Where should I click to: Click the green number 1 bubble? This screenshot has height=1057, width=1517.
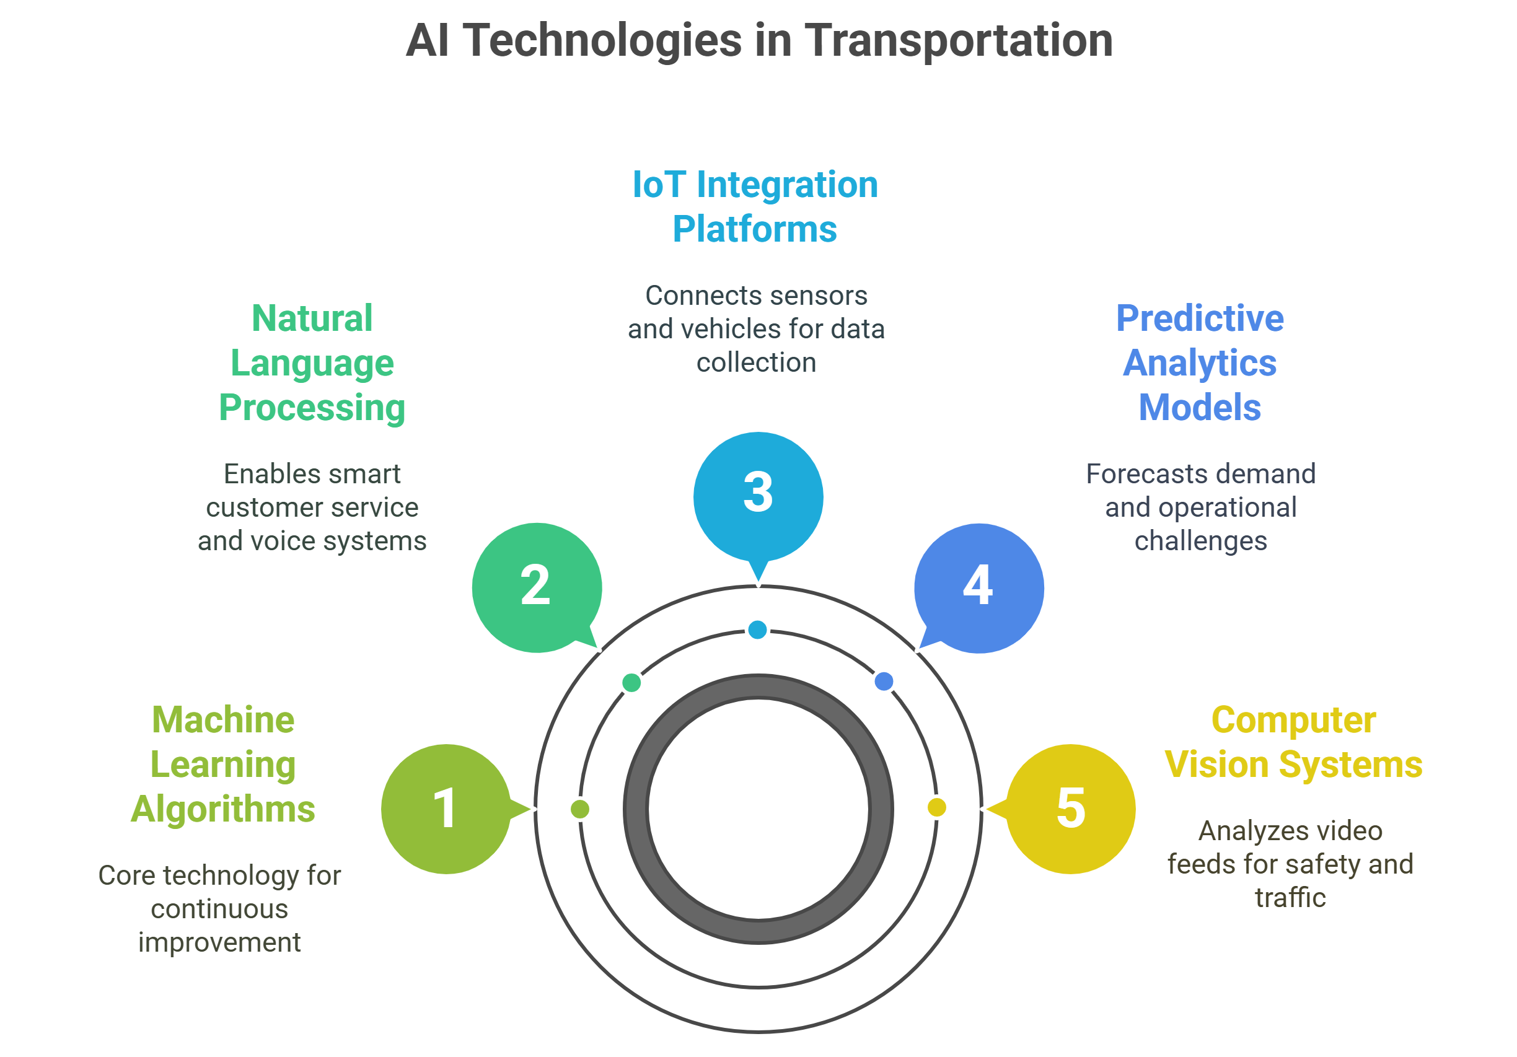[446, 809]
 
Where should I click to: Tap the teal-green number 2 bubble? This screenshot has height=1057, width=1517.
[537, 587]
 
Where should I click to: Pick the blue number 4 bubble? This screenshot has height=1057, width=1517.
[978, 587]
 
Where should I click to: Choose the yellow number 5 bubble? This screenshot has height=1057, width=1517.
[1070, 809]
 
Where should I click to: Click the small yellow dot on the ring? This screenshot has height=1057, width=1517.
[936, 807]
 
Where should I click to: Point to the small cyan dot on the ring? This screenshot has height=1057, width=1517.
[757, 629]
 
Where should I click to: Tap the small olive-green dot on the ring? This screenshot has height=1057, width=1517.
[579, 809]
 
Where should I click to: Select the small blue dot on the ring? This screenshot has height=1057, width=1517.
[884, 681]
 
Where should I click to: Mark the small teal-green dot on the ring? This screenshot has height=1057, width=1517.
[631, 682]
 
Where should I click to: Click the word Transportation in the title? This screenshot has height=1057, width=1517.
[958, 41]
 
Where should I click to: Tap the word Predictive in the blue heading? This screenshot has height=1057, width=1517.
[1200, 318]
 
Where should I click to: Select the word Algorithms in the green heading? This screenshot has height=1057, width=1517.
[223, 810]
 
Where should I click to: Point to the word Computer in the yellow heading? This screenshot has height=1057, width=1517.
[1293, 720]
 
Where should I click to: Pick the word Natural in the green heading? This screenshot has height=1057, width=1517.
[312, 318]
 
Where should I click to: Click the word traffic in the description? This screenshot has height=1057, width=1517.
[1290, 898]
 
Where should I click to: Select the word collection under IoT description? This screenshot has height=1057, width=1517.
[756, 362]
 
